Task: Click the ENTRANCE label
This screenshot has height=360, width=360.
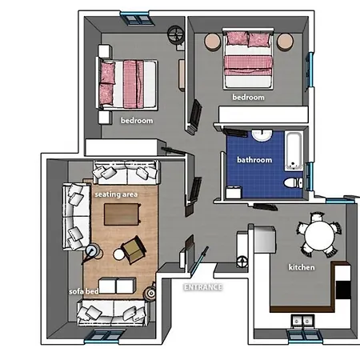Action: click(x=203, y=287)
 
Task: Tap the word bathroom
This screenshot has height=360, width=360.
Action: click(x=254, y=160)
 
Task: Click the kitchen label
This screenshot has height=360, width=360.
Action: click(x=302, y=267)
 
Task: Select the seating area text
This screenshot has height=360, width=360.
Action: click(x=116, y=194)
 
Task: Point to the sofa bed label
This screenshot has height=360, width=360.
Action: click(x=84, y=291)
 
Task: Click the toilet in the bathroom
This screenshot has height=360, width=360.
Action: click(x=293, y=183)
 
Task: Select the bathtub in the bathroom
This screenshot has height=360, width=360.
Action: click(x=294, y=151)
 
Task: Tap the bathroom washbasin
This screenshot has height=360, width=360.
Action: click(x=262, y=134)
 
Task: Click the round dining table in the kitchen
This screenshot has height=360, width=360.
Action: click(x=319, y=235)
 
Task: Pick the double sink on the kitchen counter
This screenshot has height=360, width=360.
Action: click(x=302, y=322)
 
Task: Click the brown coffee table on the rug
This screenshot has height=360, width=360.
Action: click(x=122, y=214)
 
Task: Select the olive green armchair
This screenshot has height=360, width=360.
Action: click(x=134, y=250)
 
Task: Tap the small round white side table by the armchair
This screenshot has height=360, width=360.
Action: click(x=118, y=254)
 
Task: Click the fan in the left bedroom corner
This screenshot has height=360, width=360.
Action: click(x=176, y=34)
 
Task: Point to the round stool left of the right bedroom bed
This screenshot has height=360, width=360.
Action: click(x=213, y=42)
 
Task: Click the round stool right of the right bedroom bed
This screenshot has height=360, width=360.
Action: click(x=285, y=42)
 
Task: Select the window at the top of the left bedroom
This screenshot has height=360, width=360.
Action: click(x=138, y=18)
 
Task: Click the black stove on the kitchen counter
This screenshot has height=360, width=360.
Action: click(x=343, y=290)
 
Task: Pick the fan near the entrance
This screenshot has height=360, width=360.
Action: click(x=242, y=262)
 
